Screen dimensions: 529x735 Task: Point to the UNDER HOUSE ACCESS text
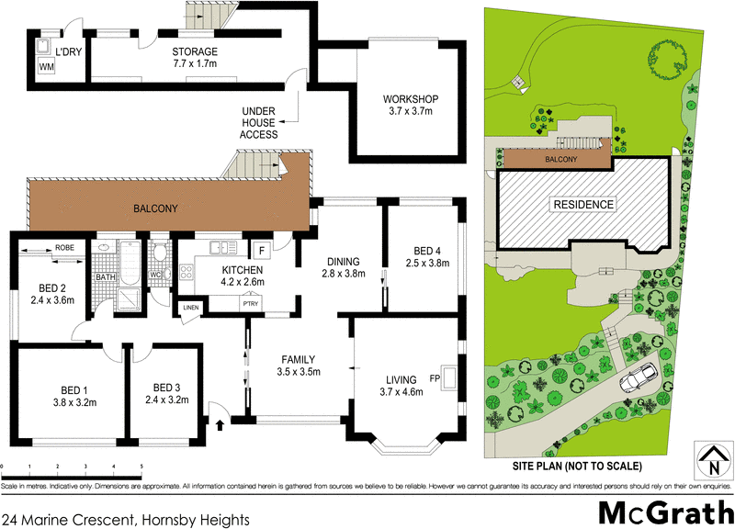point(258,122)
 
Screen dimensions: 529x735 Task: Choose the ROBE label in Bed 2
point(64,248)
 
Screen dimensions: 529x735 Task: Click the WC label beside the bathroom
point(155,274)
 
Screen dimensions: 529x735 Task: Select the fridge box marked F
point(261,250)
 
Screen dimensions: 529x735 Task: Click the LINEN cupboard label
point(190,308)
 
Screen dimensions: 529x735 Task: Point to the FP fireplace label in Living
point(435,377)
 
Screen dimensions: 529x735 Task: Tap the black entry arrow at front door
point(220,424)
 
